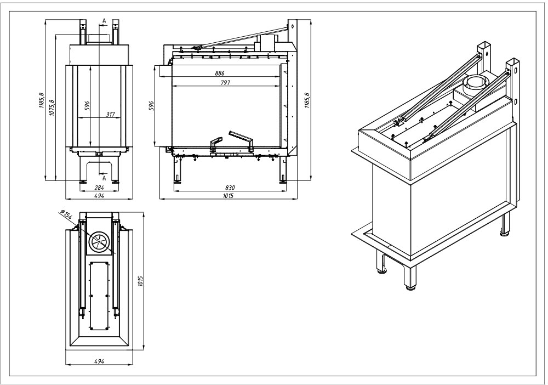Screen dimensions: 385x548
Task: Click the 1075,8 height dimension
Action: point(52,109)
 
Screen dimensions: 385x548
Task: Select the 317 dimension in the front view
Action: point(110,115)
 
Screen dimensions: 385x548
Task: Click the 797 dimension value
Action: point(225,83)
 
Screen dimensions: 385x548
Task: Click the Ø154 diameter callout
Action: point(65,216)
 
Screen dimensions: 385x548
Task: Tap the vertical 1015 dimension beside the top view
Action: point(141,281)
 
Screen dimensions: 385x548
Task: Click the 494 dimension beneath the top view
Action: point(99,361)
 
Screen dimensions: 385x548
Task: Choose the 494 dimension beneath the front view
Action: point(99,196)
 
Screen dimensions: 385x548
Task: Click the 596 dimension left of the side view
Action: point(152,105)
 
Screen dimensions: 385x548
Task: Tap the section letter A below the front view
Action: point(104,176)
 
